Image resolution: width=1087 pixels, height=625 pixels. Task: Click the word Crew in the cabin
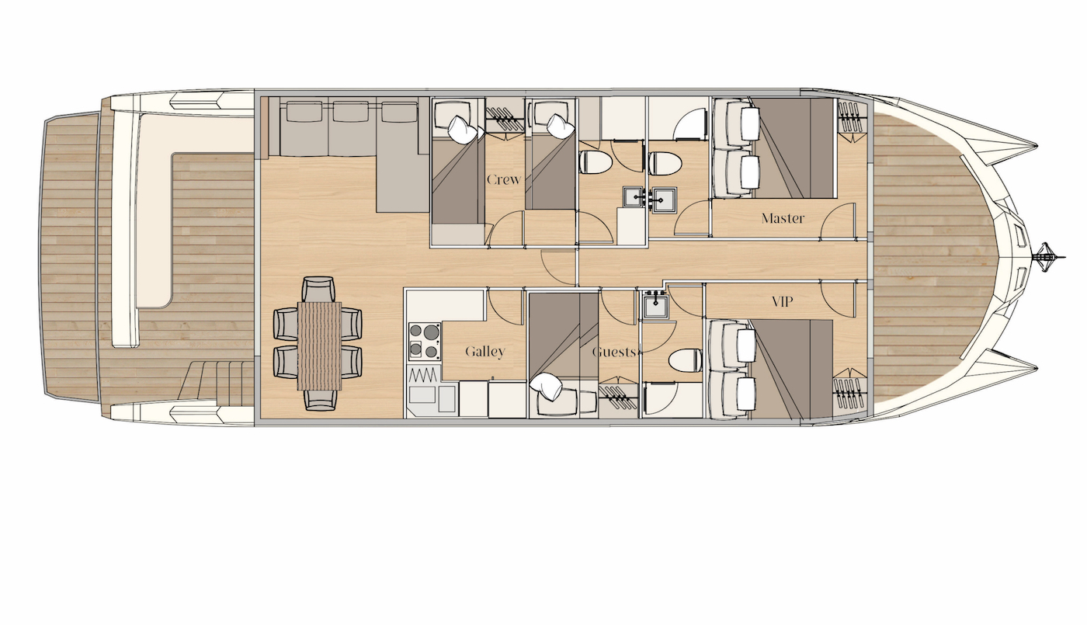(504, 179)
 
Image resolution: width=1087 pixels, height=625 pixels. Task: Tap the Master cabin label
(783, 218)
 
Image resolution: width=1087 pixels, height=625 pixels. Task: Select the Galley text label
(485, 352)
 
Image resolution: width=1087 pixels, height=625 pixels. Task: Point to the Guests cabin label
(614, 352)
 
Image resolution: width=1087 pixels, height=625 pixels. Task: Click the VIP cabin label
(783, 302)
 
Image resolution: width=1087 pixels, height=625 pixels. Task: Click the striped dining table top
(319, 345)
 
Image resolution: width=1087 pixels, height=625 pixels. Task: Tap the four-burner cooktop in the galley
(425, 342)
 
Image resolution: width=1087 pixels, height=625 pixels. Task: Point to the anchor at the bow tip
(1049, 255)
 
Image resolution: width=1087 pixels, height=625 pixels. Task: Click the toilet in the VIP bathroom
(685, 360)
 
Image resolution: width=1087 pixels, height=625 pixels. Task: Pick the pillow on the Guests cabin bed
(547, 387)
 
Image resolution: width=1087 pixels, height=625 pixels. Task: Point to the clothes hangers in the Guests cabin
(617, 397)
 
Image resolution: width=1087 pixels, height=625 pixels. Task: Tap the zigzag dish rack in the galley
(424, 375)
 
